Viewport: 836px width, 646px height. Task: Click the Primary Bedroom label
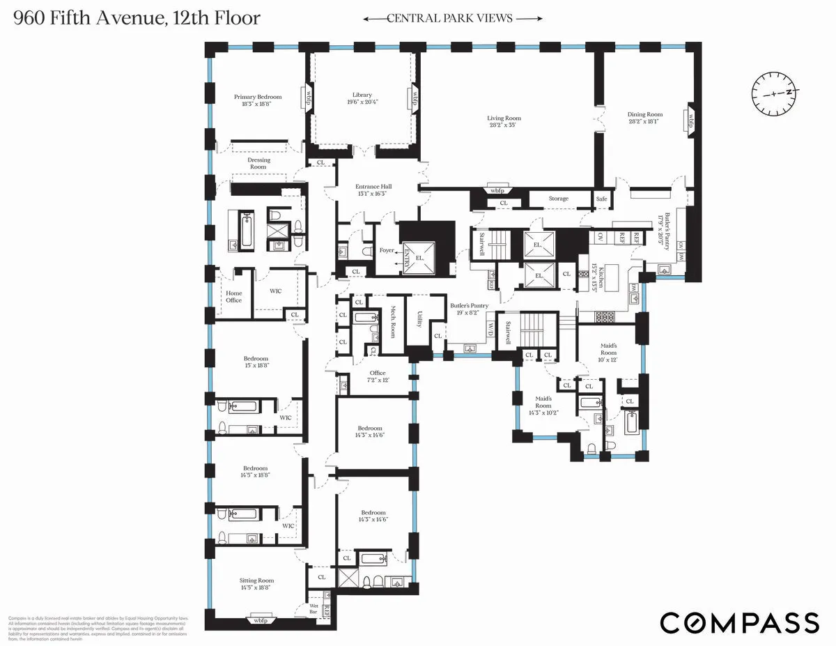258,97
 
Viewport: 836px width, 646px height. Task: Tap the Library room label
362,95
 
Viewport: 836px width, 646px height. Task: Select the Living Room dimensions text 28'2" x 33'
504,126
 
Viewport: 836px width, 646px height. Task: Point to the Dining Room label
645,114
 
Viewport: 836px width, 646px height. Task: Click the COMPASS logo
739,622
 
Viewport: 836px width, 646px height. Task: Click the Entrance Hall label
374,187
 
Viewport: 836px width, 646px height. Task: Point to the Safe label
601,199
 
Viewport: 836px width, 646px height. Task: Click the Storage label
558,199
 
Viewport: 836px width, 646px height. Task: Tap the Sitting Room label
256,580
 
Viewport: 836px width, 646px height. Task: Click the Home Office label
233,296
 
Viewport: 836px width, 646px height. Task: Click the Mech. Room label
393,320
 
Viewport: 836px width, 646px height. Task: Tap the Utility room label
418,320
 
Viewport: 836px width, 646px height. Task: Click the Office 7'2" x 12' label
378,376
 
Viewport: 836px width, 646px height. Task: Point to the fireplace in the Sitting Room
260,620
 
